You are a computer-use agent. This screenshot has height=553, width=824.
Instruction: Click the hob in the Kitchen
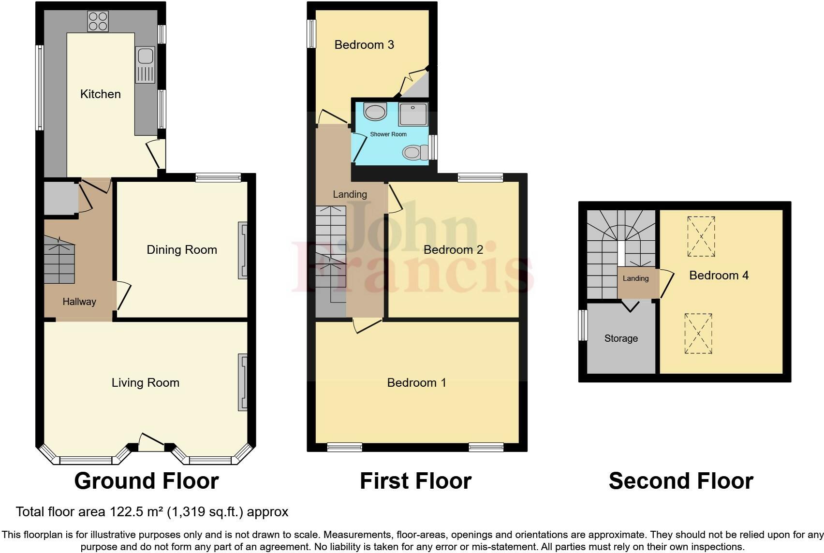tap(98, 21)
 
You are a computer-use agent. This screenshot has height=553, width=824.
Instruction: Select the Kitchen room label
tap(100, 94)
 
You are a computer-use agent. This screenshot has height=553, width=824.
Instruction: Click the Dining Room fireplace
tap(242, 250)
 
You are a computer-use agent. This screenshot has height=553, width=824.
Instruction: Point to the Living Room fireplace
tap(242, 382)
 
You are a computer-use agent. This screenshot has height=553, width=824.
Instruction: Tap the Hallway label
tap(79, 302)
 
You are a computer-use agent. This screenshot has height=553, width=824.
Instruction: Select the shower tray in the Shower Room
tap(412, 114)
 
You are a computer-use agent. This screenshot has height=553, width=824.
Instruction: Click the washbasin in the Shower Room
tap(375, 112)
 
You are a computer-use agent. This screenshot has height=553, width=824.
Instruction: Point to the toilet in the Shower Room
tap(414, 153)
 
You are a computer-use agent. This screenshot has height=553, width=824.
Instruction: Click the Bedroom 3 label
tap(364, 45)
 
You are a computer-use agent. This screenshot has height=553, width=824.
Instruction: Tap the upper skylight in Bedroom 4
tap(701, 236)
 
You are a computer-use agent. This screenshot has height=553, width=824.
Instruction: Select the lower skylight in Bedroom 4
tap(698, 334)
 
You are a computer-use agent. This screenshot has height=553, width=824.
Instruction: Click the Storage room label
tap(621, 338)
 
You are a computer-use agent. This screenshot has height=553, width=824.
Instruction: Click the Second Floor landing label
tap(635, 278)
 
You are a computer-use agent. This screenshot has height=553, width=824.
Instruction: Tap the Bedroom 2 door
tap(394, 199)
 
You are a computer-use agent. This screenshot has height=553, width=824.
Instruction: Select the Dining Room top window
tap(218, 178)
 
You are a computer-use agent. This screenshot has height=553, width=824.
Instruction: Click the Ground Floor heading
tap(147, 481)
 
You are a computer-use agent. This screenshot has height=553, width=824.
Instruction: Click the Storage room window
tap(583, 325)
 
